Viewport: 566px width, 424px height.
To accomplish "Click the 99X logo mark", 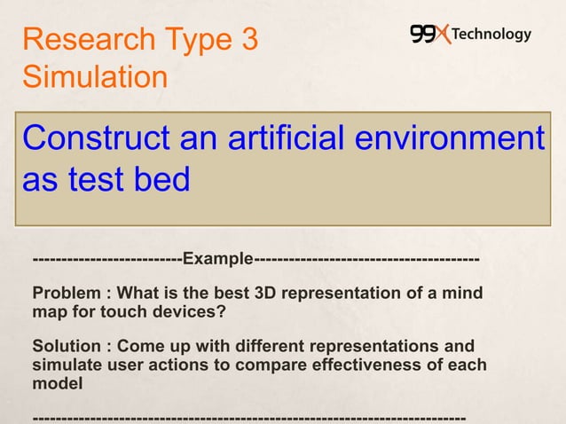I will pyautogui.click(x=430, y=35).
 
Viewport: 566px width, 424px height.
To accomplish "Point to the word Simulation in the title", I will pyautogui.click(x=94, y=77).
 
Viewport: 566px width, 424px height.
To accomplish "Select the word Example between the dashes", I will pyautogui.click(x=218, y=259).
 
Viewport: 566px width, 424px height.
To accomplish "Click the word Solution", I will pyautogui.click(x=66, y=345).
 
